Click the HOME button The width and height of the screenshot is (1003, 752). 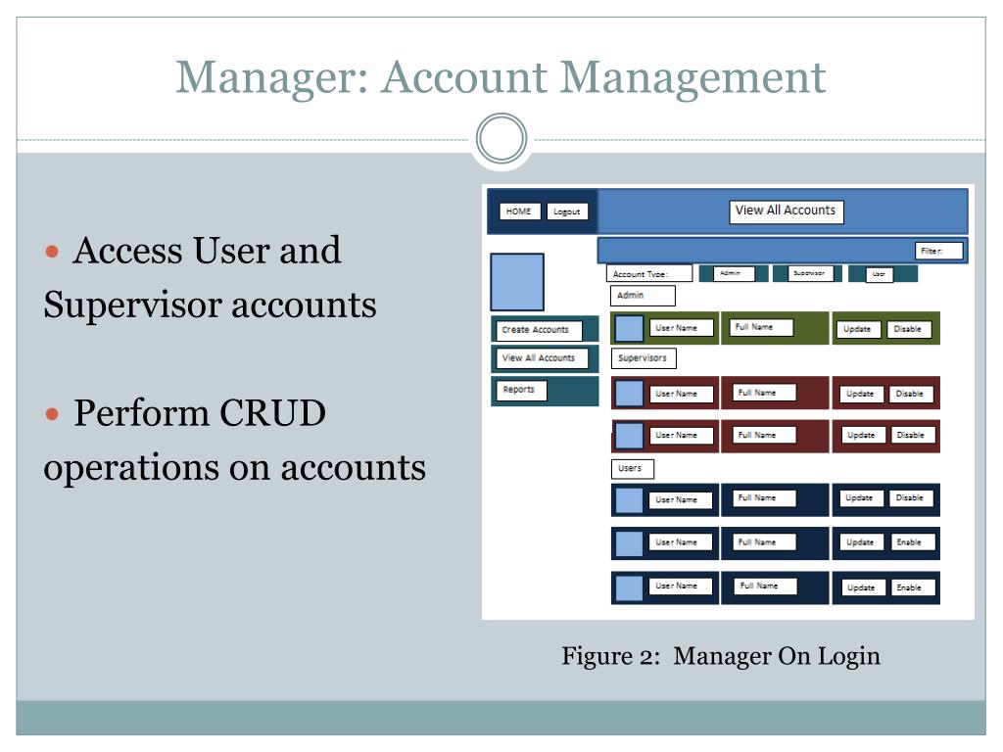point(519,211)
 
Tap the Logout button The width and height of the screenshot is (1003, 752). point(566,211)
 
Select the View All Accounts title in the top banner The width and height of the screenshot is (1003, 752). point(786,211)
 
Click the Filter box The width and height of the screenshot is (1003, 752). point(939,251)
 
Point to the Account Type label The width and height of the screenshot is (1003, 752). point(648,274)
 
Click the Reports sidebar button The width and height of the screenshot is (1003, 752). point(519,390)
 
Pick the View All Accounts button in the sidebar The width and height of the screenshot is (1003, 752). point(539,358)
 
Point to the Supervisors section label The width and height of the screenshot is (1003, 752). point(643,358)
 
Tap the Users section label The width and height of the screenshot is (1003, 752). point(631,469)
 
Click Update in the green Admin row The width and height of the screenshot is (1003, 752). point(857,329)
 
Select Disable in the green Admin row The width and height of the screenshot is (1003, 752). point(908,329)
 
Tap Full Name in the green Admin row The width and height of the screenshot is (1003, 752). point(756,327)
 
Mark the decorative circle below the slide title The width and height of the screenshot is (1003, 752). point(501,139)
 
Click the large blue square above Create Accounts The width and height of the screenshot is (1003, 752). point(516,282)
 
